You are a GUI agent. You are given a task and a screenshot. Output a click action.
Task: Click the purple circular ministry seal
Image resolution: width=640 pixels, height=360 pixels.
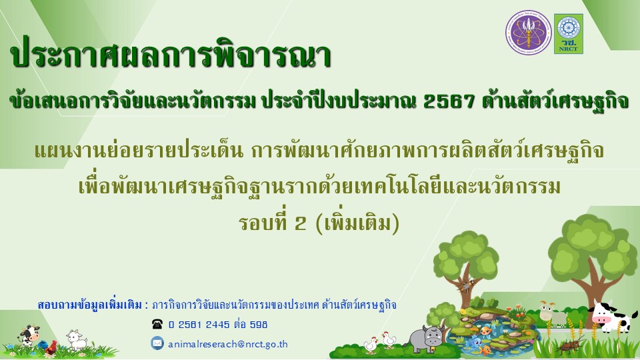pos(528,33)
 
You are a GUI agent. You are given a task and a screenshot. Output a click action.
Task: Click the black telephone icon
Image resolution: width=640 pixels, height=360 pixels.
pos(157,325)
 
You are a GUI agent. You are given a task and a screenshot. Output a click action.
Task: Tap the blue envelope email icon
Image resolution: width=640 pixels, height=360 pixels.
pos(157,343)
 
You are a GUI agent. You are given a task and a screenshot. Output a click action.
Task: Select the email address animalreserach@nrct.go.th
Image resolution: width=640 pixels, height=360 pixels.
pos(228,344)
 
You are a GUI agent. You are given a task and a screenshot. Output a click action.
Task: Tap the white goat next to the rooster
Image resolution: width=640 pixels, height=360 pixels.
pos(77,340)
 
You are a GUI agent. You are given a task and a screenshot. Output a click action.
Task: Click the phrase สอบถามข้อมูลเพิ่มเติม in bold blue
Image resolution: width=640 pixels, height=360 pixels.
pos(91,305)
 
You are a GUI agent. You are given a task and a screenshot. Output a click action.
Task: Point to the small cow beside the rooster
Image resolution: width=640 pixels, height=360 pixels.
pos(29,335)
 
